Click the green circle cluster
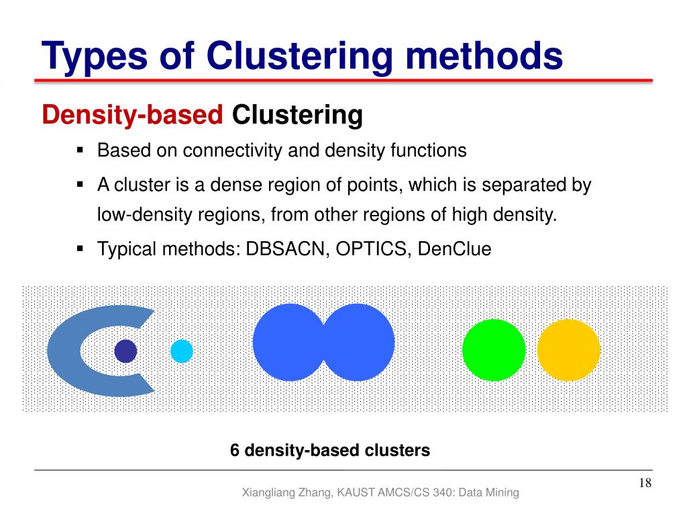pos(494,350)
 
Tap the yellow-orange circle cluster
pos(569,350)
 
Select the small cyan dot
pos(182,351)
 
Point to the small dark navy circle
pos(125,351)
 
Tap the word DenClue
pos(454,249)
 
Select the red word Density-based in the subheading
pos(132,116)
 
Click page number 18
pos(645,484)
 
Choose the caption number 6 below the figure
pos(235,450)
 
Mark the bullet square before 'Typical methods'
pos(81,249)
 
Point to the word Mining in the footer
pos(503,492)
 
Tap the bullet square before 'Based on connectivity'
pos(81,150)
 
